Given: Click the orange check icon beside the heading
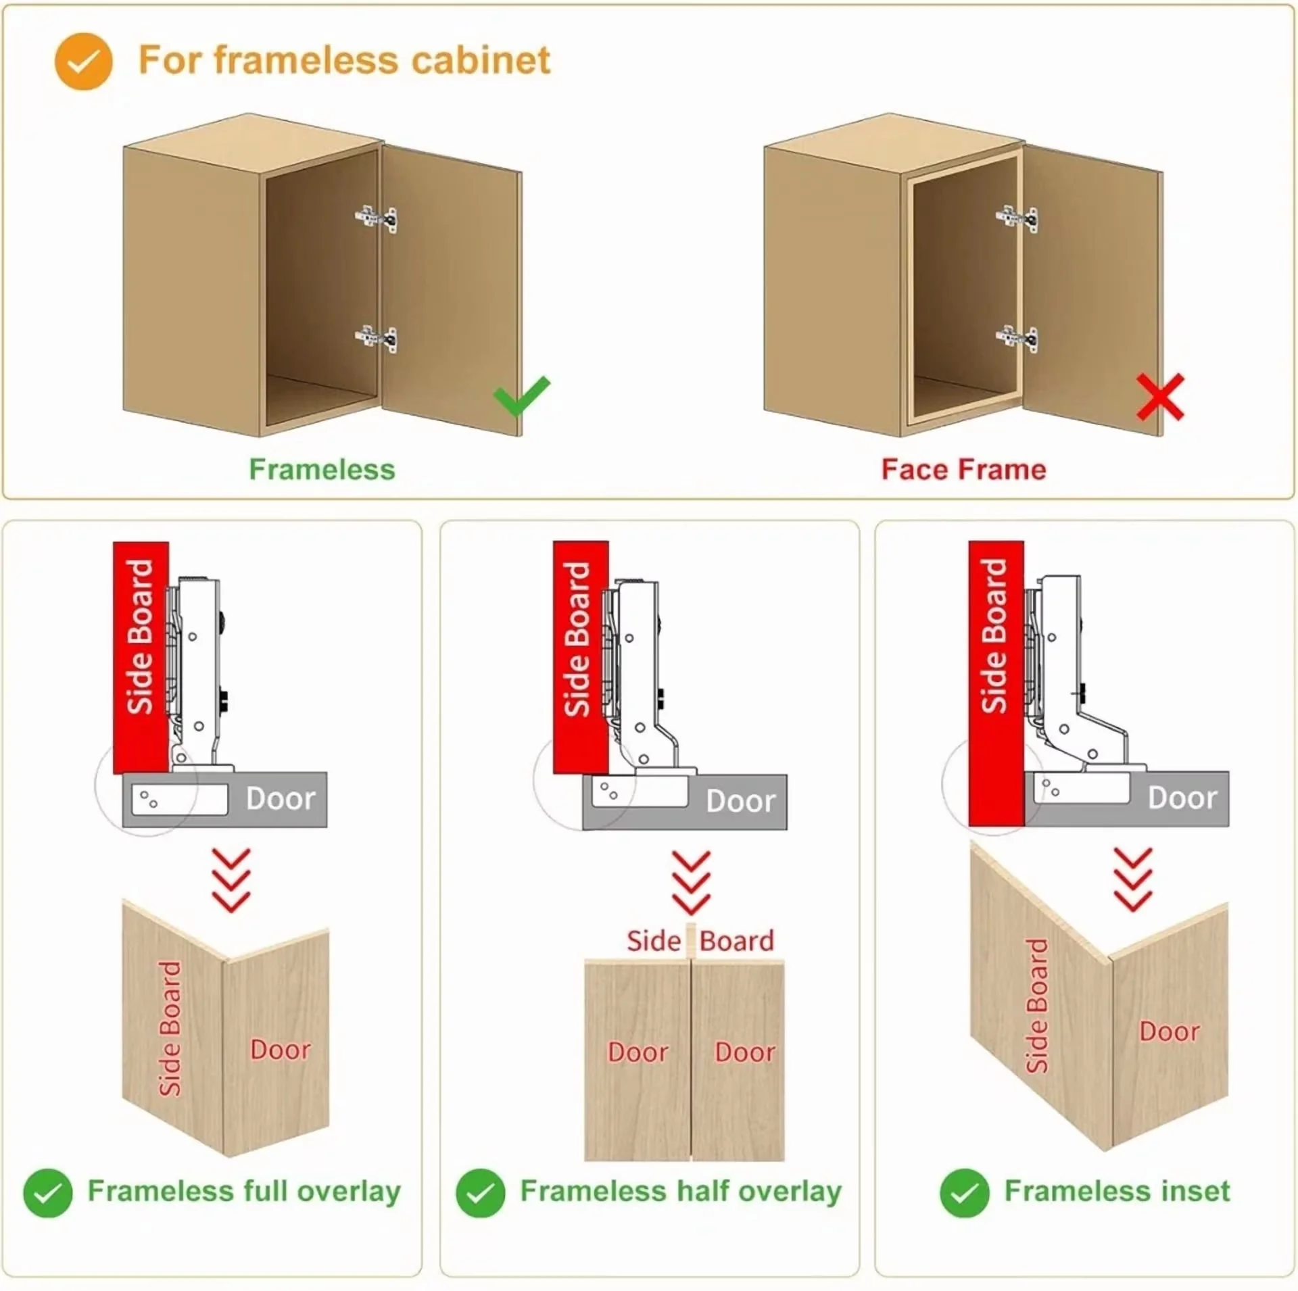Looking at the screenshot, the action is pyautogui.click(x=83, y=61).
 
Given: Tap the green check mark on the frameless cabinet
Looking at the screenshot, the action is pyautogui.click(x=521, y=396).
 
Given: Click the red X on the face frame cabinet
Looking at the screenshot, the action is pyautogui.click(x=1160, y=397).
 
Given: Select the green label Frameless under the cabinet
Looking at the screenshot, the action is pyautogui.click(x=322, y=469).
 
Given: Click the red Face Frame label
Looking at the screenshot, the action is pyautogui.click(x=963, y=469).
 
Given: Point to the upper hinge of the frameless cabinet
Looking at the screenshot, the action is pyautogui.click(x=377, y=218).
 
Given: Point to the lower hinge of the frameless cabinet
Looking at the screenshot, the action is pyautogui.click(x=377, y=338).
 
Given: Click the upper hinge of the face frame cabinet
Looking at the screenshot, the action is pyautogui.click(x=1017, y=218).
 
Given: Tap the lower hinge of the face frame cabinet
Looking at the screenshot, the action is pyautogui.click(x=1017, y=338).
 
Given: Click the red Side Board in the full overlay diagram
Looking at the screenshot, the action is pyautogui.click(x=141, y=657).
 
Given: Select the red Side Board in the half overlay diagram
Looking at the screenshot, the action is pyautogui.click(x=581, y=657).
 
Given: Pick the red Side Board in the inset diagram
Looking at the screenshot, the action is pyautogui.click(x=996, y=683).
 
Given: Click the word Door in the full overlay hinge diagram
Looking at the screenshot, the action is pyautogui.click(x=281, y=799).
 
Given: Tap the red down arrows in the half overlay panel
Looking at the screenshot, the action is pyautogui.click(x=691, y=883).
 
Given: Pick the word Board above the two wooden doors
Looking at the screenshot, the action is pyautogui.click(x=737, y=941).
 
